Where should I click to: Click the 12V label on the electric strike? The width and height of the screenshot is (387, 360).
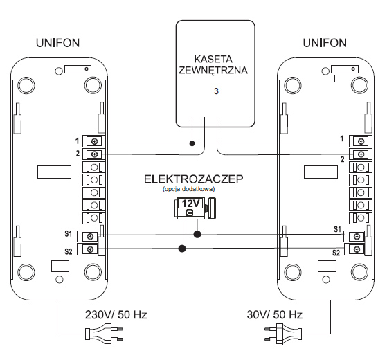pos(190,204)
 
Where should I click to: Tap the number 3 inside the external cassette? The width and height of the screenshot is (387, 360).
pos(216,91)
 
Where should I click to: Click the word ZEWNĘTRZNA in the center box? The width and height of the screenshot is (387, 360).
pos(213,71)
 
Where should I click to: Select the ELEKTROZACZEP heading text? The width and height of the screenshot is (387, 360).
pos(194,179)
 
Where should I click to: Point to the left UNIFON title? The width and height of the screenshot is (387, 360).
pos(57,43)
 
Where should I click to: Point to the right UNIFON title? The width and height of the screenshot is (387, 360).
pos(325,43)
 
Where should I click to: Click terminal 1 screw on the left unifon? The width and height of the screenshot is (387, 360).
pos(94,141)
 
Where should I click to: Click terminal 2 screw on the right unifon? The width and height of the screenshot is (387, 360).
pos(361,154)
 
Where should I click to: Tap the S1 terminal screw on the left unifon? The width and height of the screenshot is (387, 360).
pos(90,236)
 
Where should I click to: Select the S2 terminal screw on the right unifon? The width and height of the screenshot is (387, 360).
pos(357,250)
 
